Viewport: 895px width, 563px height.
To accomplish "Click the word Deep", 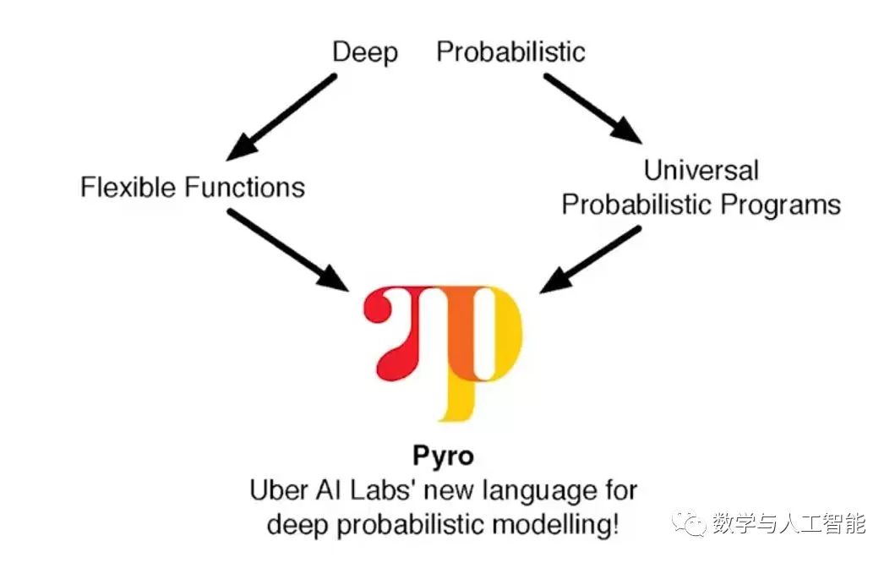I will pyautogui.click(x=364, y=52).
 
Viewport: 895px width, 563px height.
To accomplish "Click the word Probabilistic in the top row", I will pyautogui.click(x=510, y=52).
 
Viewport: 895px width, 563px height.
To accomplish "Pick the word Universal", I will pyautogui.click(x=701, y=170).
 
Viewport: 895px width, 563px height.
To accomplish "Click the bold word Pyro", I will pyautogui.click(x=443, y=456).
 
